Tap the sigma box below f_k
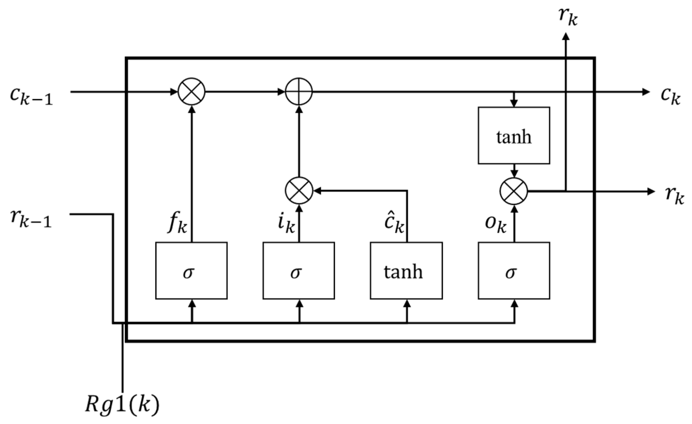(x=191, y=271)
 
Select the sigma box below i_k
(x=298, y=271)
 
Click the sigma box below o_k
(x=514, y=271)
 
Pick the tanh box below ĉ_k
(x=406, y=271)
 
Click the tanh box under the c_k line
(x=514, y=135)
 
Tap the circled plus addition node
(x=299, y=91)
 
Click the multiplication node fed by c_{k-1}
(x=192, y=91)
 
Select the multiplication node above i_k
(x=299, y=191)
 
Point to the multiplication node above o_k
(x=514, y=191)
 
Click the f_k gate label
(x=178, y=224)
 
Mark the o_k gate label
(x=496, y=225)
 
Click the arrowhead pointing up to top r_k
(x=566, y=37)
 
